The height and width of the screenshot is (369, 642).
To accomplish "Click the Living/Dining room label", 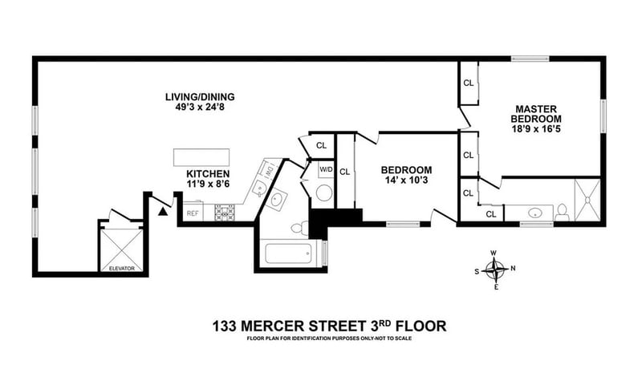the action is coord(200,97).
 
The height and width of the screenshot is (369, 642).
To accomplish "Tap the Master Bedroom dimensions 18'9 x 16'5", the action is coord(536,129).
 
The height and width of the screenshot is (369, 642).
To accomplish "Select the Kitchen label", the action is coord(208,173).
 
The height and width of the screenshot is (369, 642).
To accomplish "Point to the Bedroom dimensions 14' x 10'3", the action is coord(406,180).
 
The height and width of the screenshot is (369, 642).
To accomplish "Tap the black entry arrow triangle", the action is coord(164,211).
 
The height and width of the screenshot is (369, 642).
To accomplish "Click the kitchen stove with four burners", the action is coord(225,213).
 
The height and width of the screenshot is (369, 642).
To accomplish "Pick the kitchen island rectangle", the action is coord(201,157).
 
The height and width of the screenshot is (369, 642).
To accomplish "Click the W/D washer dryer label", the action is coord(327,169).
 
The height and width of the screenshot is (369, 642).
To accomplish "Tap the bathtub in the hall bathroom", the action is coord(289,253).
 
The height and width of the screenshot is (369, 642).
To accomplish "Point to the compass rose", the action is coord(496,270).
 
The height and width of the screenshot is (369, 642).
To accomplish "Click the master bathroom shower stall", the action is coord(587,200).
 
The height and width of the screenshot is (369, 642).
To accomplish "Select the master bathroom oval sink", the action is coord(535,213).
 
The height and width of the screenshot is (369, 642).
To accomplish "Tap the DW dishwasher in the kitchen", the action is coord(270,169).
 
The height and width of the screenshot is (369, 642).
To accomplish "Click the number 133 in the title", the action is coord(225,326).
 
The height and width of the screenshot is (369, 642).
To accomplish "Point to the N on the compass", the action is coord(513,269).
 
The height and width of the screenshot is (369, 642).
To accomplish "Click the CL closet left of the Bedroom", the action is coord(345,172).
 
